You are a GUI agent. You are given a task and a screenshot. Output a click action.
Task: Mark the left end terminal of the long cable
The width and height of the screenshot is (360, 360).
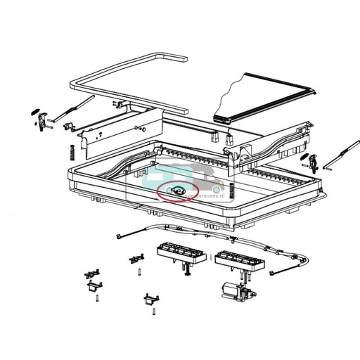[x=120, y=236]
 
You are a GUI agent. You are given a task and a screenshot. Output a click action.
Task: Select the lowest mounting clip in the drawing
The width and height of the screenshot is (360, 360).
[x=150, y=300]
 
